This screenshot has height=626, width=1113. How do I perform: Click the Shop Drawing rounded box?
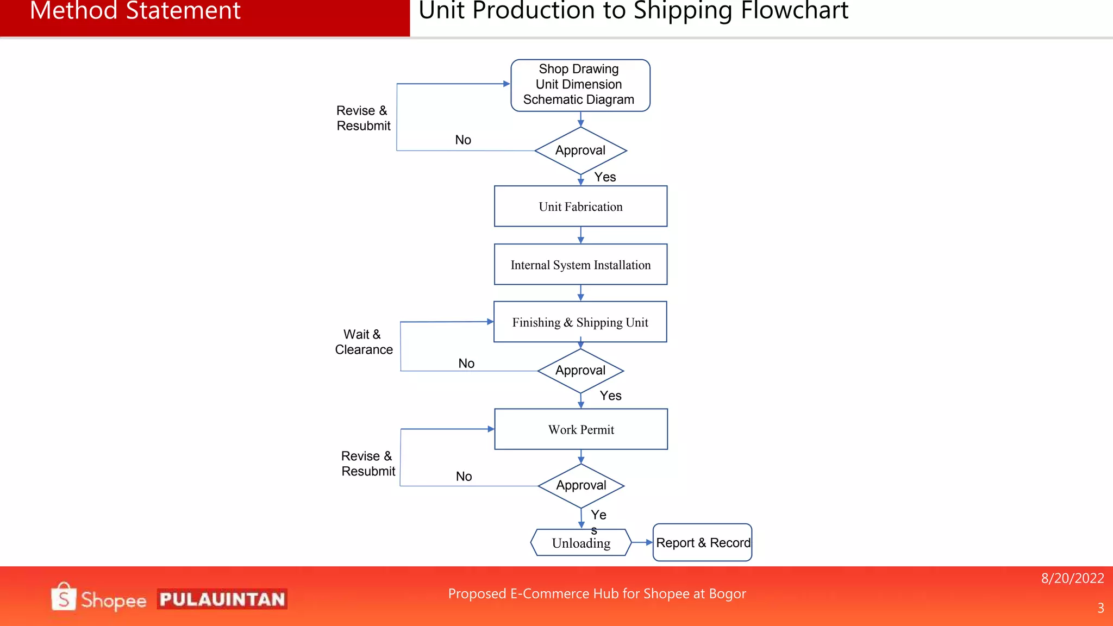pos(580,85)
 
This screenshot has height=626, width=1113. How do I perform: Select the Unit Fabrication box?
pos(580,206)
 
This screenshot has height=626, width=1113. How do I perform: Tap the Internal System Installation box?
pos(580,265)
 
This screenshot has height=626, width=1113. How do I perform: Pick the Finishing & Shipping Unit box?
pos(580,322)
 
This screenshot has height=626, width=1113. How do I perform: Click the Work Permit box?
pos(581,429)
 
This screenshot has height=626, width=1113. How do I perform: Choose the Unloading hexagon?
pos(581,543)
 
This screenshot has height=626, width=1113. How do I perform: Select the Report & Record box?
pos(702,542)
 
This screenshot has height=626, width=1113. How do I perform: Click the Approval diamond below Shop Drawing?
pos(580,151)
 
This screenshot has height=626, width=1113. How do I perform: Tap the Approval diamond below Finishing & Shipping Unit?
pos(580,371)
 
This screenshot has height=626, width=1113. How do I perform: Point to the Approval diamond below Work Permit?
pos(581,485)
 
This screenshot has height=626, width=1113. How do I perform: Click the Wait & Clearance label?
pos(364,342)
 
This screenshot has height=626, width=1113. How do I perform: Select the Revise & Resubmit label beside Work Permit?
pos(368,464)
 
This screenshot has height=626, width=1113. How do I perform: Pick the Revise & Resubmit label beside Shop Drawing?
pos(363,118)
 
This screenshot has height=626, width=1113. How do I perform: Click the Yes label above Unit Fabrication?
pos(605,177)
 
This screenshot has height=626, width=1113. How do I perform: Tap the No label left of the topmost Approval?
pos(463,140)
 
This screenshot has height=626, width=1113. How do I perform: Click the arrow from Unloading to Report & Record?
pos(642,542)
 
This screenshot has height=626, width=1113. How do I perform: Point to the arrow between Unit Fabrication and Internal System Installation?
pos(580,235)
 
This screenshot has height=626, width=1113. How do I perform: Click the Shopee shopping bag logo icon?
pos(64,597)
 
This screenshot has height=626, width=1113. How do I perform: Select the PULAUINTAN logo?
pos(222,599)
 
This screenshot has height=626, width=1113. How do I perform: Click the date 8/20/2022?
pos(1072,578)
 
